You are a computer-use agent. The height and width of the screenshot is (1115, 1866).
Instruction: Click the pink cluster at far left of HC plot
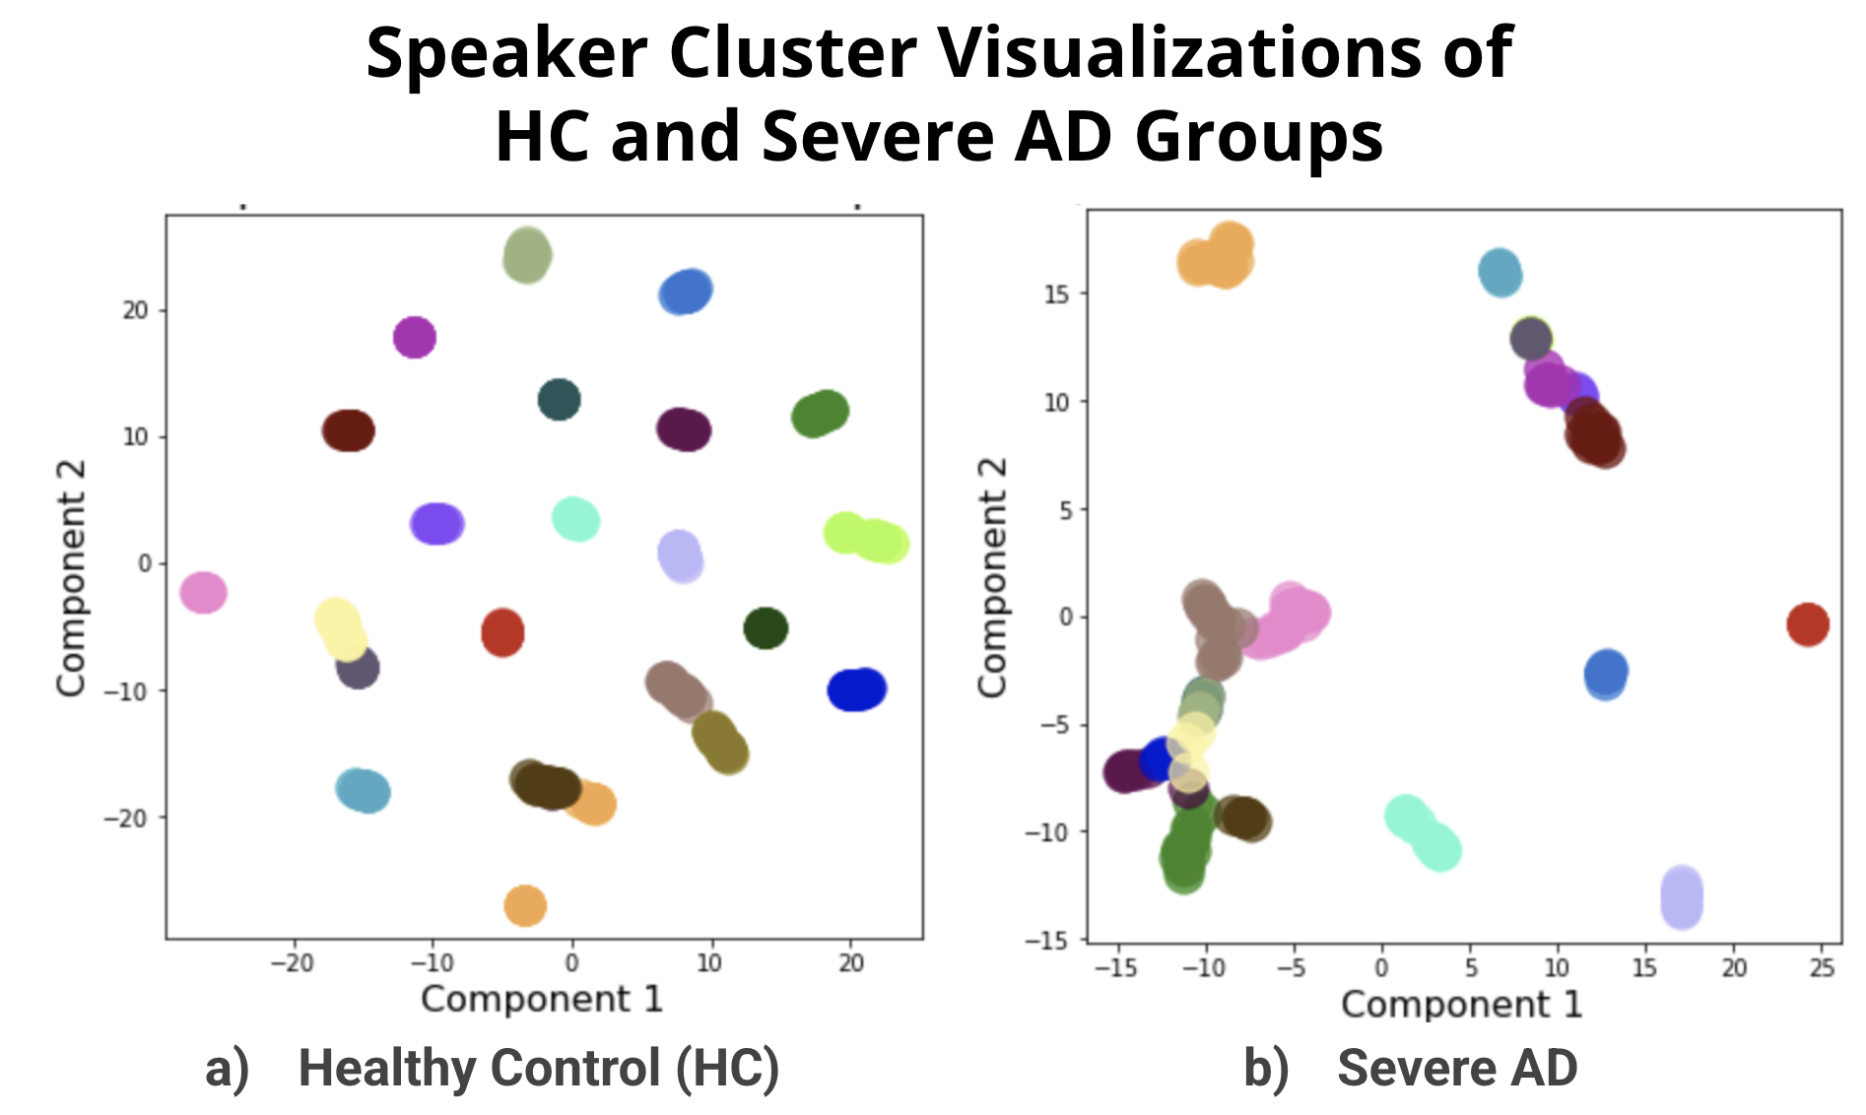coord(204,592)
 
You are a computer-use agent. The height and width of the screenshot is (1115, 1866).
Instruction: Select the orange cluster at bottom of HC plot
coord(525,905)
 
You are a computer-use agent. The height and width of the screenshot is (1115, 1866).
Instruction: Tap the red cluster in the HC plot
coord(502,631)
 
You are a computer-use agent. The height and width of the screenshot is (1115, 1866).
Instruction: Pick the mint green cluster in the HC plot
coord(575,519)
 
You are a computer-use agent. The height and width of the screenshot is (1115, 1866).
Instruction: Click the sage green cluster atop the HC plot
coord(527,255)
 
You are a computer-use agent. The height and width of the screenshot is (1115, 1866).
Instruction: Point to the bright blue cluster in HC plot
coord(856,689)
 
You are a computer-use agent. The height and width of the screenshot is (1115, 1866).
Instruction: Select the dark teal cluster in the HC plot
coord(559,399)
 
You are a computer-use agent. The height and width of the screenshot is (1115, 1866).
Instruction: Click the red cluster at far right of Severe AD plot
coord(1808,623)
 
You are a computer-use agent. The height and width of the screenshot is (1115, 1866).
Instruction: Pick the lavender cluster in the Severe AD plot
coord(1682,897)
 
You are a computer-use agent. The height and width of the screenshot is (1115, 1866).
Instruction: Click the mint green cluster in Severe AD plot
coord(1423,832)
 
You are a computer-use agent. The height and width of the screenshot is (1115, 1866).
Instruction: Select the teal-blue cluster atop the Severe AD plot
coord(1500,273)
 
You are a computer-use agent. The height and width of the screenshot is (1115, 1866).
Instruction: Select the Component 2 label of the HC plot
coord(71,578)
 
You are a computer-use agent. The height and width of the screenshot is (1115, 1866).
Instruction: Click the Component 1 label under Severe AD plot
coord(1461,1005)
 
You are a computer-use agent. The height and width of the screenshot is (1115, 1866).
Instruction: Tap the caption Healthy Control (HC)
coord(538,1068)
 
